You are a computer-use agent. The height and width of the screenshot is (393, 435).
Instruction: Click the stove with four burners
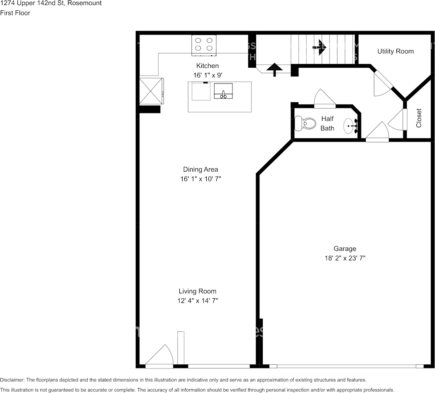pyautogui.click(x=204, y=45)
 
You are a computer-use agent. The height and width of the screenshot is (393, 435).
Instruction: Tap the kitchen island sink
pyautogui.click(x=223, y=91)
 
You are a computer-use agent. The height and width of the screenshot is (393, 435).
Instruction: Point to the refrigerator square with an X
pyautogui.click(x=151, y=91)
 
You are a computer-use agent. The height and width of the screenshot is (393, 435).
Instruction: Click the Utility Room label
pyautogui.click(x=395, y=51)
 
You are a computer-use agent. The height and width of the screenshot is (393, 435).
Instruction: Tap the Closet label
pyautogui.click(x=418, y=118)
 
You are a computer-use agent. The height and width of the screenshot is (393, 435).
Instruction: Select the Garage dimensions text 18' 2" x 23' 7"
pyautogui.click(x=345, y=258)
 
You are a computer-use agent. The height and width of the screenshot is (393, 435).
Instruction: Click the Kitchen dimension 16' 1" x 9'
pyautogui.click(x=208, y=75)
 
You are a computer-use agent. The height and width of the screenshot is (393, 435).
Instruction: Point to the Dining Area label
pyautogui.click(x=200, y=169)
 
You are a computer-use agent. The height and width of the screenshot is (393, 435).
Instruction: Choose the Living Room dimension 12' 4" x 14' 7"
pyautogui.click(x=198, y=300)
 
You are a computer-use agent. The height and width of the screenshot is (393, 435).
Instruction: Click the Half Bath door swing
pyautogui.click(x=325, y=98)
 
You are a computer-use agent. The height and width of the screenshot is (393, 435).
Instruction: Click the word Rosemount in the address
pyautogui.click(x=87, y=3)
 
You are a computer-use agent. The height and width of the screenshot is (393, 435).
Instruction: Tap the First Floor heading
pyautogui.click(x=15, y=13)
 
